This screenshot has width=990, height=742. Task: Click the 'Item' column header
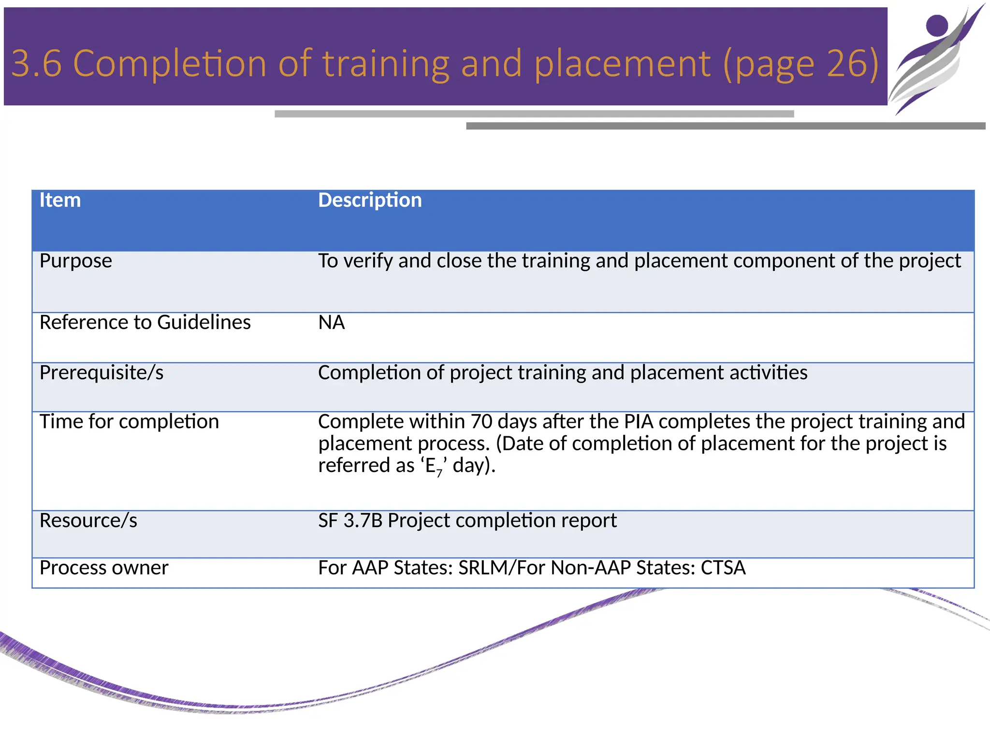tap(60, 200)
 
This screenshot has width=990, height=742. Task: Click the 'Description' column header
tap(370, 200)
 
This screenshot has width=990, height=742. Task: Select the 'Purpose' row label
tap(75, 261)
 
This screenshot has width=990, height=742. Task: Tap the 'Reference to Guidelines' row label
tap(145, 322)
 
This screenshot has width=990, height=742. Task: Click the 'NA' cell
tap(331, 322)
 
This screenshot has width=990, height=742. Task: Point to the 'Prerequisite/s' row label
tap(102, 372)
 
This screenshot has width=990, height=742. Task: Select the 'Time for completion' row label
tap(129, 421)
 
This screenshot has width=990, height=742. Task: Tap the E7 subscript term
tap(434, 466)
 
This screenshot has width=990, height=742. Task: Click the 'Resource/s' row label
tap(88, 520)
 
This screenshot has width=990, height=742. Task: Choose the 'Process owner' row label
tap(104, 568)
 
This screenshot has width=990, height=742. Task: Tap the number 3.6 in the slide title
tap(37, 63)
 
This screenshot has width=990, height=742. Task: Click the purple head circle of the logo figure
tap(937, 25)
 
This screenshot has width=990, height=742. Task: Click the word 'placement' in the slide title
tap(623, 63)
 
